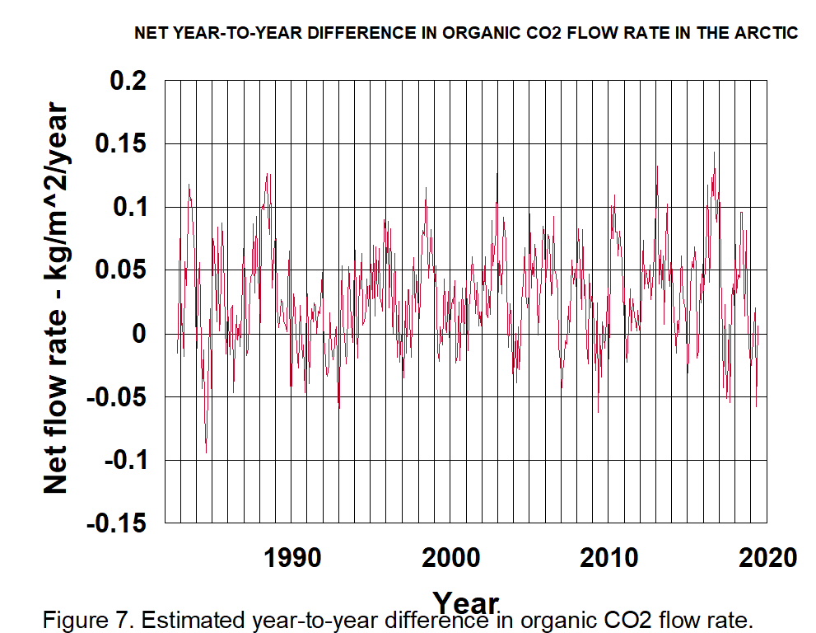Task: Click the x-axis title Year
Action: (x=465, y=602)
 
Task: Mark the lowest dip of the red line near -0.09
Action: (x=206, y=452)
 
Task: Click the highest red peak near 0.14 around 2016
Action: (x=714, y=152)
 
